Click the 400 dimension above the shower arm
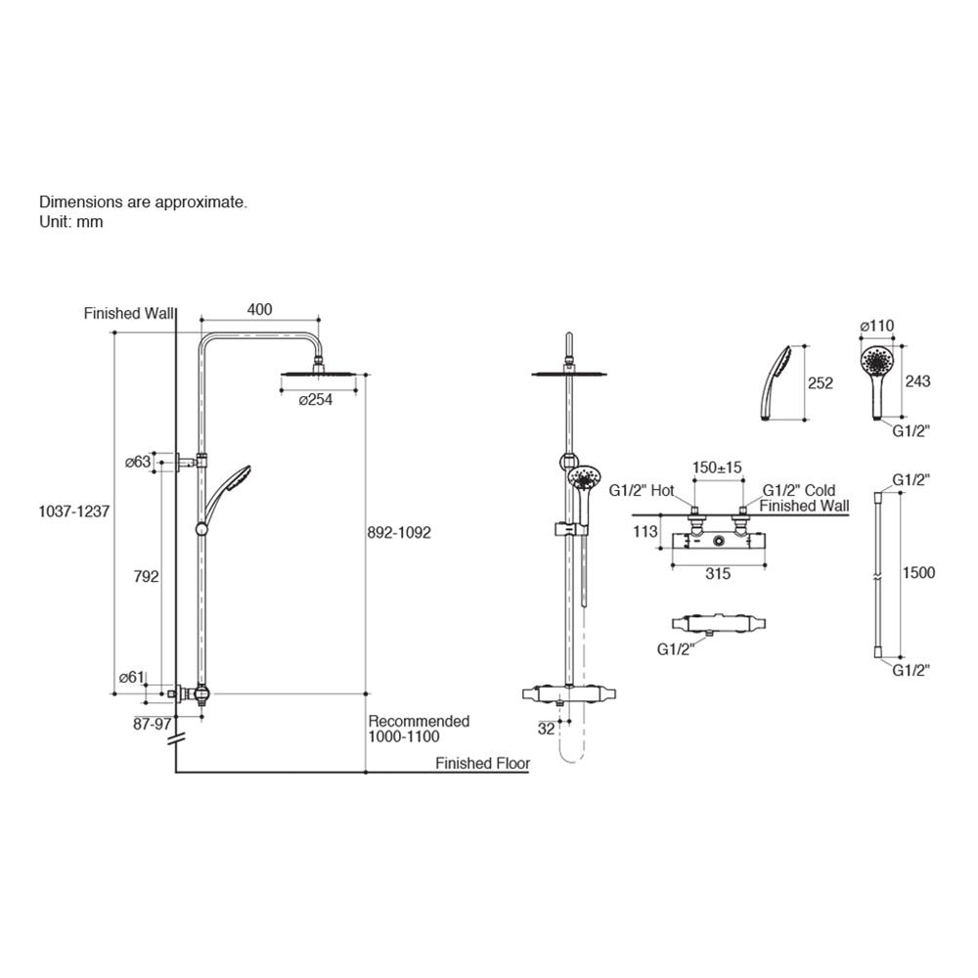tap(259, 309)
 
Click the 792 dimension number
tap(145, 577)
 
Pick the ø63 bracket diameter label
tap(137, 461)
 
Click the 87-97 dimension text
tap(152, 724)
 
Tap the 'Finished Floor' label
tap(482, 764)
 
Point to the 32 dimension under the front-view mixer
tap(546, 728)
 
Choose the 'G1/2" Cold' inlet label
tap(799, 490)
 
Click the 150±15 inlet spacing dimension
tap(718, 467)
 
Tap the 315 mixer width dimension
tap(718, 574)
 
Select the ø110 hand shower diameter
tap(876, 326)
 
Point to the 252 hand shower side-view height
tap(822, 383)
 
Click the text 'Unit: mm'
tap(70, 222)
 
